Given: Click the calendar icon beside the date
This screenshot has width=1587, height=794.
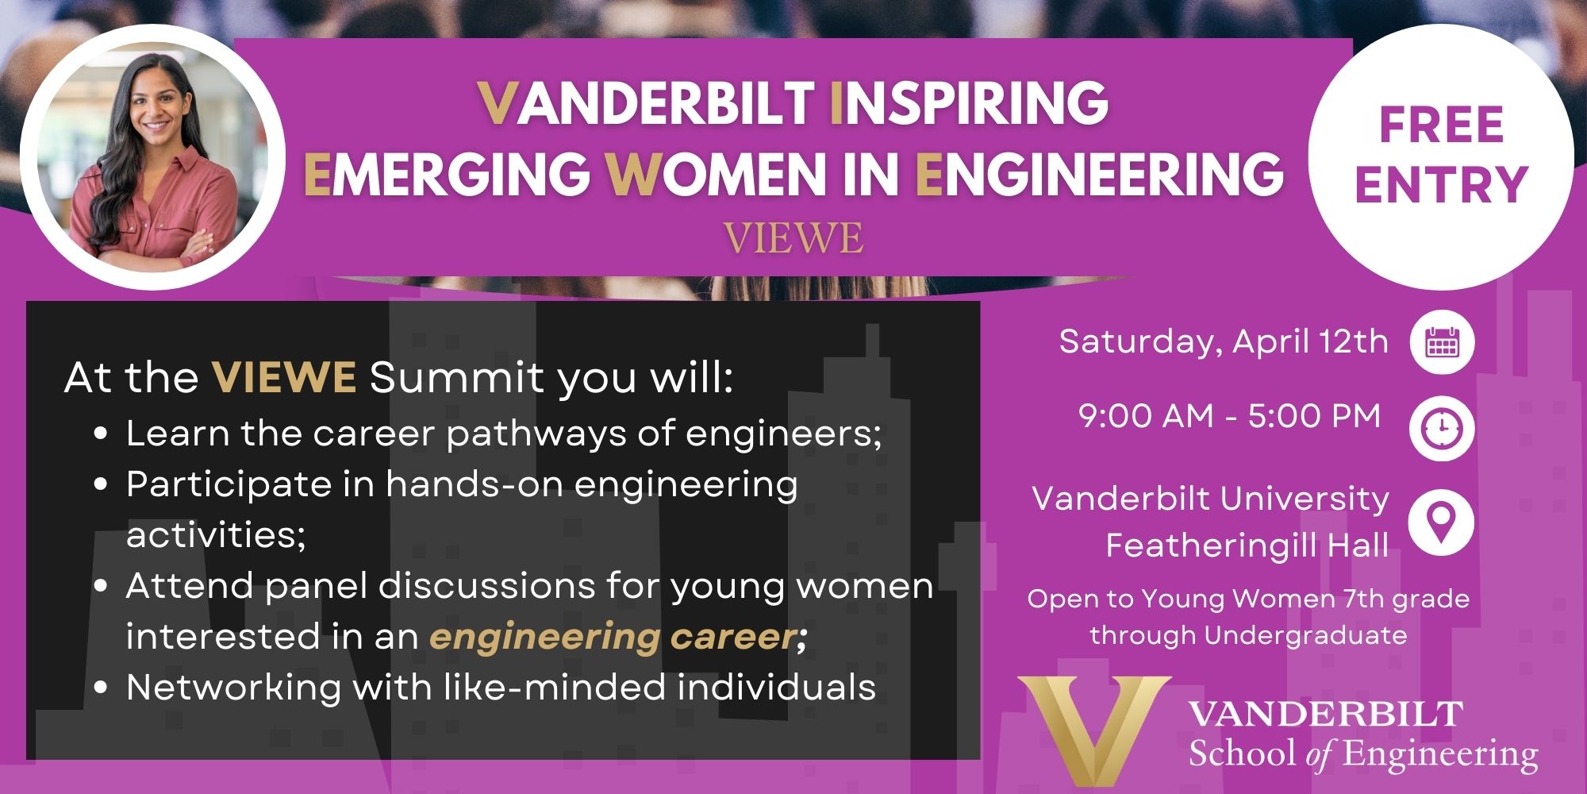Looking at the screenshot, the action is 1442,343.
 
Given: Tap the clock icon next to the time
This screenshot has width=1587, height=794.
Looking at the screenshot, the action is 1442,429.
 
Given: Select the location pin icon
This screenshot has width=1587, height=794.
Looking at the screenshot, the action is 1441,522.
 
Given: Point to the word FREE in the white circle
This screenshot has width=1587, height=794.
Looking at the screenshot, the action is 1442,125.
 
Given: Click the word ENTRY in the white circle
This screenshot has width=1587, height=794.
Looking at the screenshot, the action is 1442,184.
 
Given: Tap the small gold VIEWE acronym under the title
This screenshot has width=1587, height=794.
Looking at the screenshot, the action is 793,238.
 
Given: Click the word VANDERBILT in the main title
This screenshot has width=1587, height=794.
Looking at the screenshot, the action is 647,103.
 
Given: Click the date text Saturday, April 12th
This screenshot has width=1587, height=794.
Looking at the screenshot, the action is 1224,341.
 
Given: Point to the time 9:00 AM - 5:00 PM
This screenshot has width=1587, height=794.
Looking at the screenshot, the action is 1230,416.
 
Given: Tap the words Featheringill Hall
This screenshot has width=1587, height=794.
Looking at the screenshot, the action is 1247,545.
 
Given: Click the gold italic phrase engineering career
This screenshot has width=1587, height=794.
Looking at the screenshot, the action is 613,637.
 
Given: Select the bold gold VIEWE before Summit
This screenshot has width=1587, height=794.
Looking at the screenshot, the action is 284,377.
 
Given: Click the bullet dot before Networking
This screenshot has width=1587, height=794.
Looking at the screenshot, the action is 100,688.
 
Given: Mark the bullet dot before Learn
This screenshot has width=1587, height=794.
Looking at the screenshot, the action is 100,434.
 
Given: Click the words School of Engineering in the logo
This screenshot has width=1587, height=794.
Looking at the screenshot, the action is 1363,754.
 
